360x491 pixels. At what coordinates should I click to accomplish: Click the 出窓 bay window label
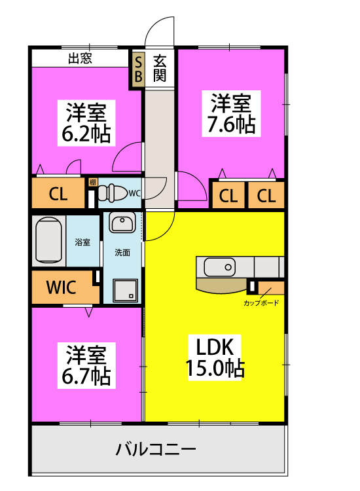point(81,58)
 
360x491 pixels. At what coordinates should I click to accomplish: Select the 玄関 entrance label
point(160,68)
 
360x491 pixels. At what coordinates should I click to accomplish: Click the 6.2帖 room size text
point(86,134)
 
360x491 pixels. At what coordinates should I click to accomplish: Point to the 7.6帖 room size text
point(231,124)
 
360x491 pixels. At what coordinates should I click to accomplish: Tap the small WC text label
point(134,193)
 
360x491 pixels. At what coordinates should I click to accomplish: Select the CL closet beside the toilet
point(58,194)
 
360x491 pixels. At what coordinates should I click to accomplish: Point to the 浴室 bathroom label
point(82,242)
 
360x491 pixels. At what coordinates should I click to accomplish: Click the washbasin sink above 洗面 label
point(122,224)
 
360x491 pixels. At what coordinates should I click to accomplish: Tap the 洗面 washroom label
point(122,252)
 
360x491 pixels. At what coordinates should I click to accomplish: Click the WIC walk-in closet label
point(61,287)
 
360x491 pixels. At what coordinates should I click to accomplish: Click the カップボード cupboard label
point(261,303)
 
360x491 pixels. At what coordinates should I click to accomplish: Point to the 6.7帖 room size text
point(86,376)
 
